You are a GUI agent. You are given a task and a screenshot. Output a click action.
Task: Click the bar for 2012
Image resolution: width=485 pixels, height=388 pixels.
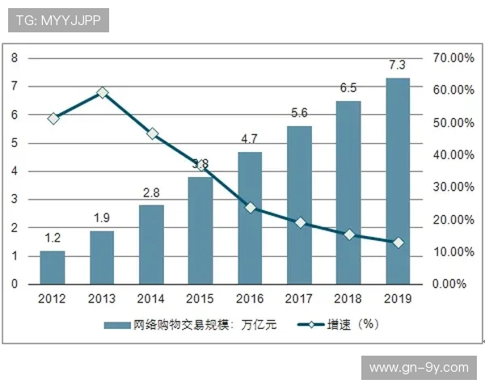53,268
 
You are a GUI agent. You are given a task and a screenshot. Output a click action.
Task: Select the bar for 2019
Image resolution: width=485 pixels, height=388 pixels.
398,181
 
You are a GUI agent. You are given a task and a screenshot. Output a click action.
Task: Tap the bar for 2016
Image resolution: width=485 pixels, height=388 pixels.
250,218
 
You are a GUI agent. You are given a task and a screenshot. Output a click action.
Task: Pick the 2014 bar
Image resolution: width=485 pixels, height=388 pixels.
151,245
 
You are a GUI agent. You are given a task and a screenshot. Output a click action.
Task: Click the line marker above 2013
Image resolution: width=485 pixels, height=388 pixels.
103,93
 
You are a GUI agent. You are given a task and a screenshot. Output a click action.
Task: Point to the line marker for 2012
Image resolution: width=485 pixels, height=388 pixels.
53,118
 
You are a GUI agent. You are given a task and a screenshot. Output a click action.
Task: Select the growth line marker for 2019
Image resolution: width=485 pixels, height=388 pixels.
398,242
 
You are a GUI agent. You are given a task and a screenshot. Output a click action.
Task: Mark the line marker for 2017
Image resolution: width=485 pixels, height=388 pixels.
300,222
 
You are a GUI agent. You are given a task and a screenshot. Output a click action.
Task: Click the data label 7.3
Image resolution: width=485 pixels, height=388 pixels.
398,65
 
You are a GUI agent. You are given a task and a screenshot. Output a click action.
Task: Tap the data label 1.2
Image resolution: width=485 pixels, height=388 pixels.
53,238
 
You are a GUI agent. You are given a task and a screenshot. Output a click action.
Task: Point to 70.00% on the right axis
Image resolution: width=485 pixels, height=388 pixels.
453,58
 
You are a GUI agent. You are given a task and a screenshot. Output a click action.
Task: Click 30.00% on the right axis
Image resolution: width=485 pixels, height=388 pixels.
453,188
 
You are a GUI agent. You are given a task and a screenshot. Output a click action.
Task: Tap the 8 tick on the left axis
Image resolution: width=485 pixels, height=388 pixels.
15,58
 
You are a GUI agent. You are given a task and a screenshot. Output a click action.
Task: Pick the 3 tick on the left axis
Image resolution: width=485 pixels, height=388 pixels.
15,200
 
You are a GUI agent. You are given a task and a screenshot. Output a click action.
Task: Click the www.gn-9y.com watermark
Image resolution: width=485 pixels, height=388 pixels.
418,368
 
